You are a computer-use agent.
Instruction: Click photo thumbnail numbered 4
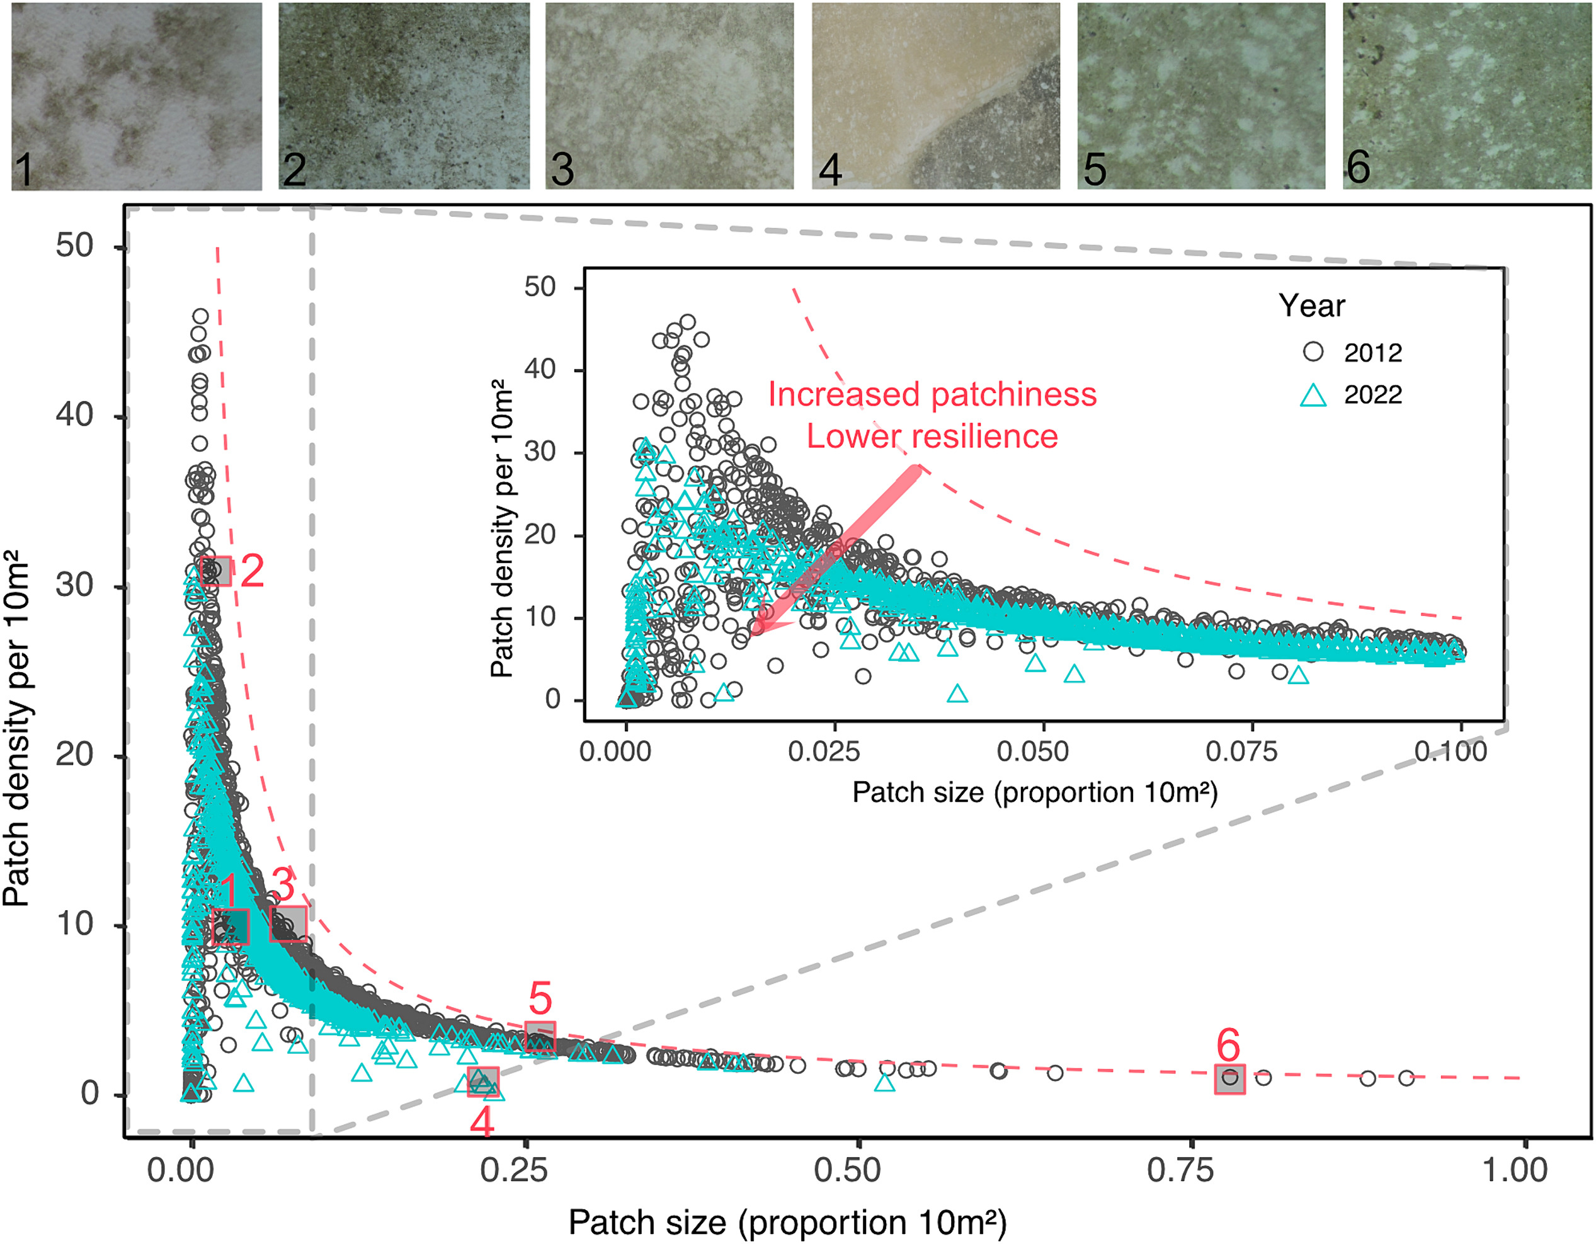[935, 95]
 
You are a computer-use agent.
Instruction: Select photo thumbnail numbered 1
[137, 95]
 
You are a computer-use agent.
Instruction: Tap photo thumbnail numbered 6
[1467, 95]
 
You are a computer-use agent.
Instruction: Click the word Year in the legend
[1311, 305]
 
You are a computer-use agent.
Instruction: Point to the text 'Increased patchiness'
[932, 395]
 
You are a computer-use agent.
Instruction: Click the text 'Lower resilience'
[932, 437]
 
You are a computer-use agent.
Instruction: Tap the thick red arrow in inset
[840, 548]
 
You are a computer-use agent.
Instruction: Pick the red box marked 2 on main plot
[216, 571]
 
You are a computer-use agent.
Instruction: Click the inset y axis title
[502, 528]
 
